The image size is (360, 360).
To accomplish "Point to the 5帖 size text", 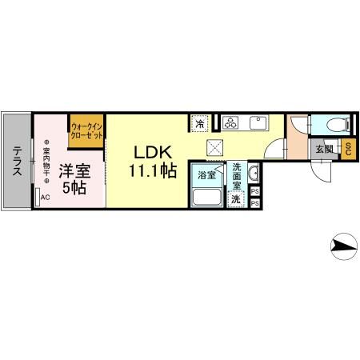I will click(74, 190).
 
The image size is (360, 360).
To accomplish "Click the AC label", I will click(45, 198).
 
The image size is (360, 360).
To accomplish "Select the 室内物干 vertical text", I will click(46, 164).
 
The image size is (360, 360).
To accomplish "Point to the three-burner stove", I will click(231, 122).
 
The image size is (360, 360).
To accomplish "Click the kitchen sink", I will click(258, 122).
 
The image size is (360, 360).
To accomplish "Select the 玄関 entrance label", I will click(324, 149).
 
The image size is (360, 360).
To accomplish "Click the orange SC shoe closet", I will click(349, 150).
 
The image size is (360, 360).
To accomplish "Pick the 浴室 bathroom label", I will click(206, 175).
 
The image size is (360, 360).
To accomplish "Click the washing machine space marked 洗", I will click(236, 199).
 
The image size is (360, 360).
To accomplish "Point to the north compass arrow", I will click(345, 246).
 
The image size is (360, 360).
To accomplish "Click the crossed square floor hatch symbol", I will click(215, 146).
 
